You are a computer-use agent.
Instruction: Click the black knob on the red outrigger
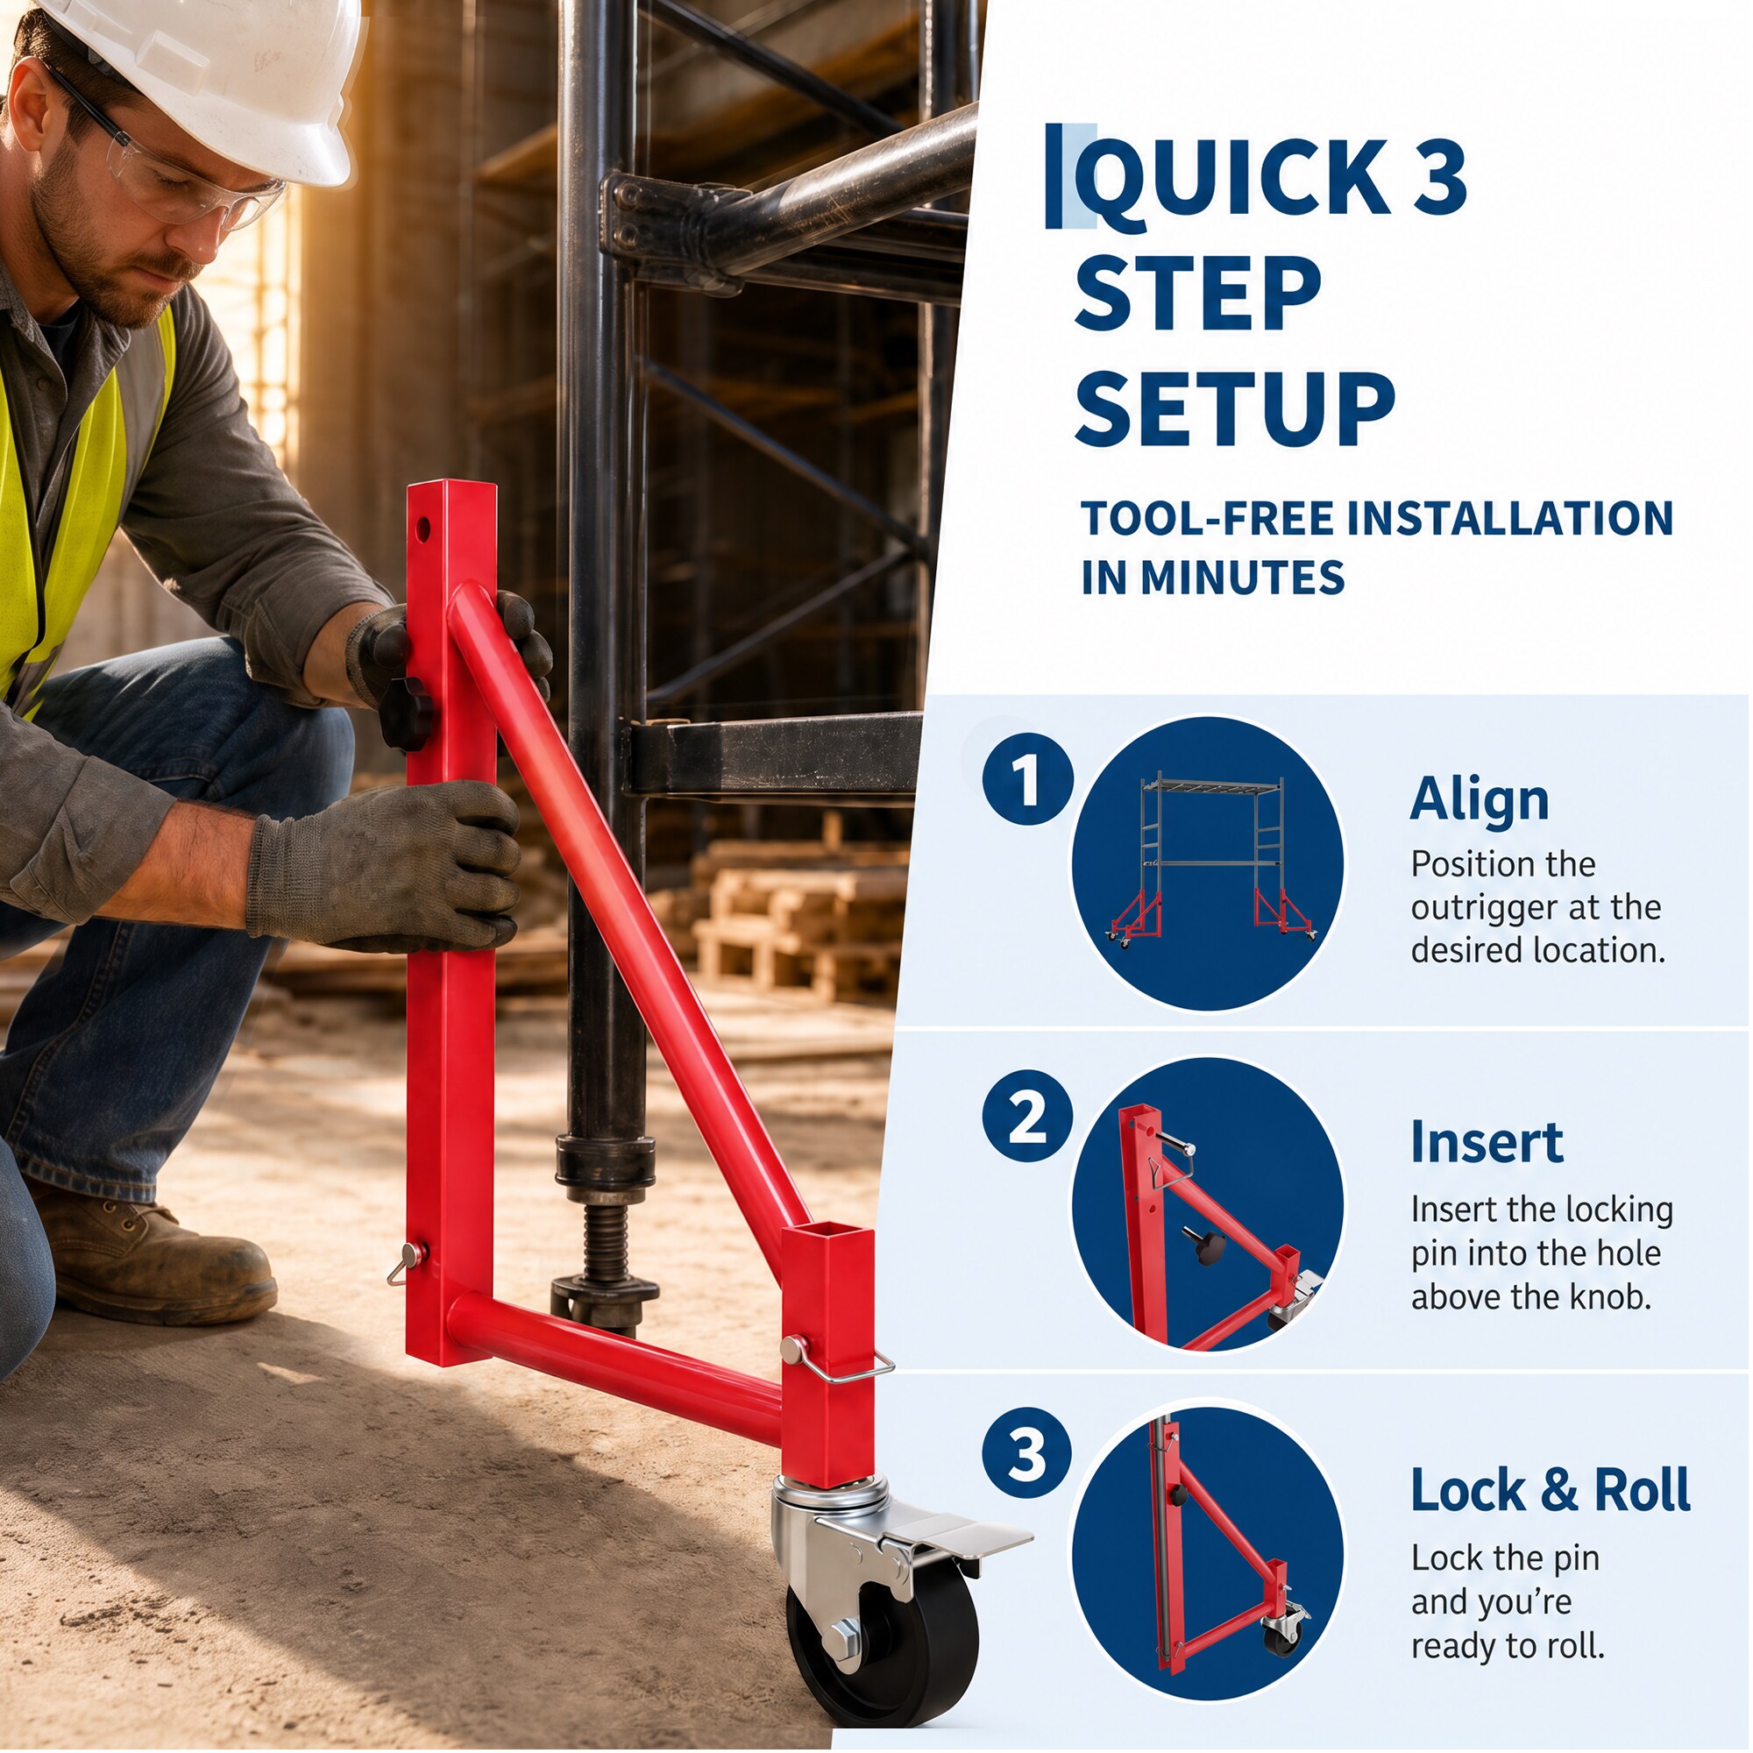pyautogui.click(x=402, y=713)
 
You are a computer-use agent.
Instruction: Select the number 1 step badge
pyautogui.click(x=1027, y=779)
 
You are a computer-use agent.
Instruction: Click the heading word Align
pyautogui.click(x=1480, y=801)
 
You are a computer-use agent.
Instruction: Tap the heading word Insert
pyautogui.click(x=1487, y=1142)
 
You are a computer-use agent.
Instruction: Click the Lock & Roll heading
pyautogui.click(x=1551, y=1490)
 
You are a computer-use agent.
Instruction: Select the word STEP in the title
pyautogui.click(x=1197, y=293)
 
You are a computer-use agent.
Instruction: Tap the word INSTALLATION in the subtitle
pyautogui.click(x=1510, y=519)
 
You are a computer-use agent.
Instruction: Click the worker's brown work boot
pyautogui.click(x=150, y=1253)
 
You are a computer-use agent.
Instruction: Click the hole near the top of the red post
pyautogui.click(x=422, y=527)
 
